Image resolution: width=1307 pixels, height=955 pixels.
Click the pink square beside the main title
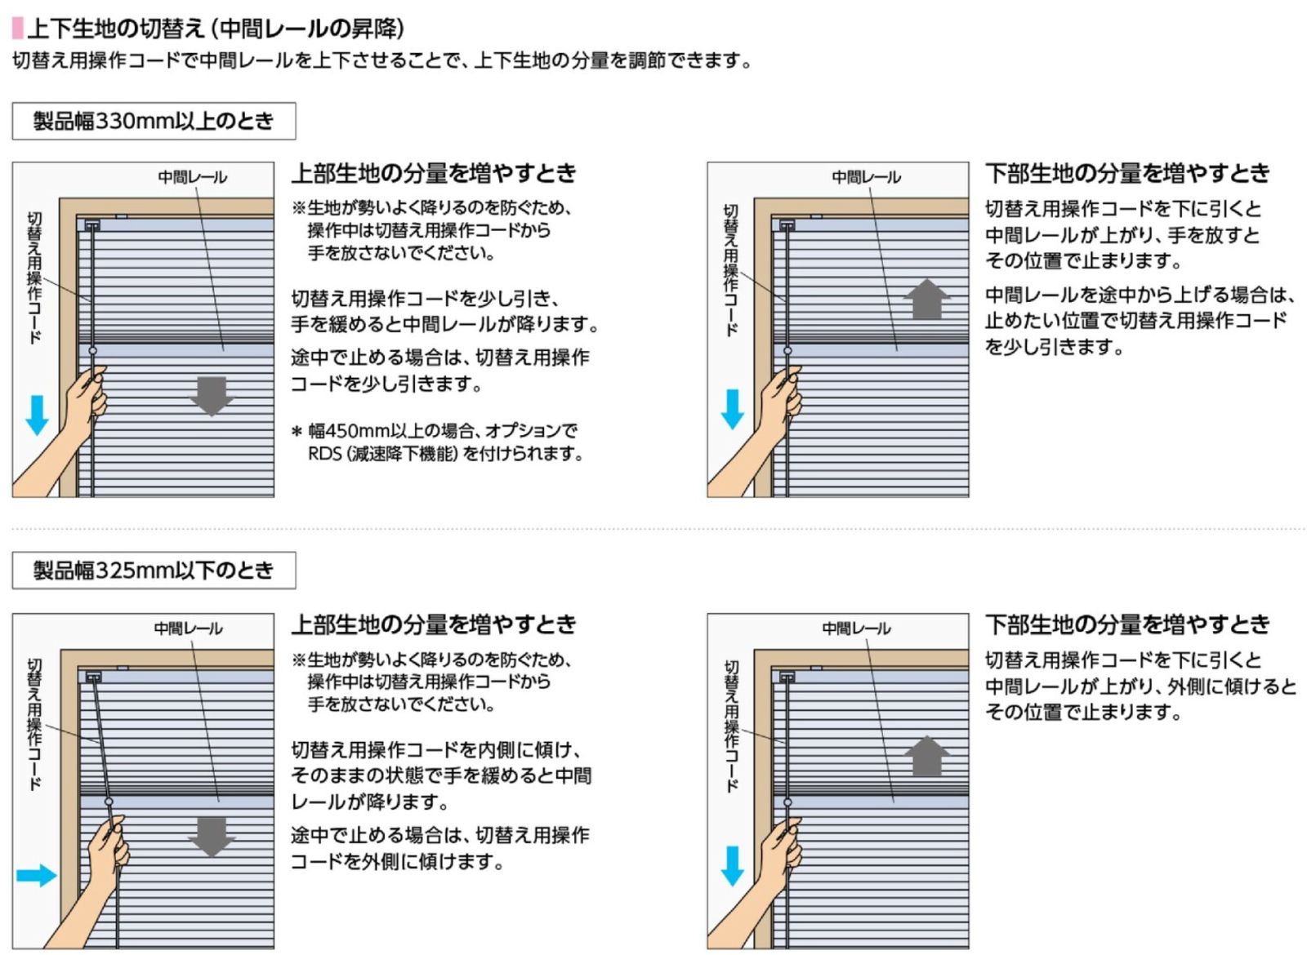coord(17,29)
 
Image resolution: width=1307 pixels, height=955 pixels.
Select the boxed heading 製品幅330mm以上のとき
coord(154,122)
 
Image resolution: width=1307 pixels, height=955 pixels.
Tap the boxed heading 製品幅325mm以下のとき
coord(154,571)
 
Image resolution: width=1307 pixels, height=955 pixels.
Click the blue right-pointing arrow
coord(36,875)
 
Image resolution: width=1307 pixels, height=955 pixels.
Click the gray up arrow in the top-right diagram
coord(926,299)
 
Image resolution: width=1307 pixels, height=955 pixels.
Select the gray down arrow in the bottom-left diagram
coord(212,837)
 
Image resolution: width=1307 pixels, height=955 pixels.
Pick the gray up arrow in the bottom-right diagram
coord(926,756)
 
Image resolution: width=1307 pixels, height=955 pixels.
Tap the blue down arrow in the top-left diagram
coord(37,415)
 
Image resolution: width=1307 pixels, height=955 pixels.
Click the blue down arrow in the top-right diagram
coord(732,409)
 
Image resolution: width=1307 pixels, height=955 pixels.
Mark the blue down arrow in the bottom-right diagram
coord(732,866)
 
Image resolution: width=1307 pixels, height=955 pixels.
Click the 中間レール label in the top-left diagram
coord(193,177)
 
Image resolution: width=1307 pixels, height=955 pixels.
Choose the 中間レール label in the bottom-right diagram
coord(856,629)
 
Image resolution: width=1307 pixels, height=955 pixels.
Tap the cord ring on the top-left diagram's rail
coord(92,351)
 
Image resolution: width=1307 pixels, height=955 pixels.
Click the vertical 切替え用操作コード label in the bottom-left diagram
coord(34,724)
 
